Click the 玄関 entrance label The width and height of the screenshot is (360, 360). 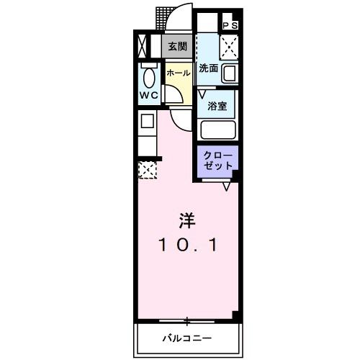pos(177,46)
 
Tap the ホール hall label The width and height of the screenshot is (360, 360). pos(178,73)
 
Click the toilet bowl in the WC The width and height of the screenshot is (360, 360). pos(149,77)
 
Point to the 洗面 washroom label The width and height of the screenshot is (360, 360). pos(208,69)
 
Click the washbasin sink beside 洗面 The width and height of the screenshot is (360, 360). pos(230,73)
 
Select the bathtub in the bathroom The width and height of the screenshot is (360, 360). pos(219,130)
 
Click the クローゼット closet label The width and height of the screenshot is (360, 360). pos(218,161)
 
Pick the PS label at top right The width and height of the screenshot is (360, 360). pos(230,25)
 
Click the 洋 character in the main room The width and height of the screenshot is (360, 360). pos(186,219)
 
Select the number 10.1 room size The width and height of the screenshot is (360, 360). pos(186,245)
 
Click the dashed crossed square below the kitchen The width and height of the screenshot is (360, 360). pos(147,170)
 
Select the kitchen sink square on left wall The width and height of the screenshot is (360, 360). pos(146,122)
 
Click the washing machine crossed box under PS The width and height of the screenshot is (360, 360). pos(229,47)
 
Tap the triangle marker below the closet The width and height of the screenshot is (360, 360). pos(227,186)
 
